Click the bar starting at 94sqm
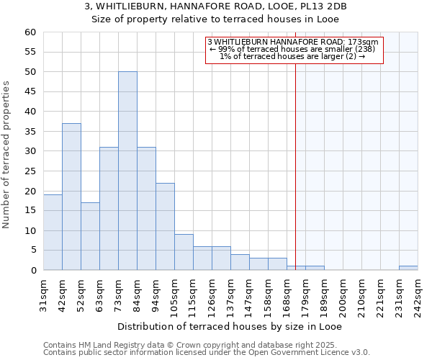click(x=165, y=227)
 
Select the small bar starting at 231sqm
click(x=408, y=268)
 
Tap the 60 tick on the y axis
click(x=30, y=32)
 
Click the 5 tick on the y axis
click(x=33, y=251)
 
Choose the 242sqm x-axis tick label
click(x=418, y=294)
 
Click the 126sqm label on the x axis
click(x=212, y=294)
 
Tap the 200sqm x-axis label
click(x=343, y=294)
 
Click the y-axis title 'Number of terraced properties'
click(x=7, y=155)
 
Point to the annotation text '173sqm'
click(x=364, y=42)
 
